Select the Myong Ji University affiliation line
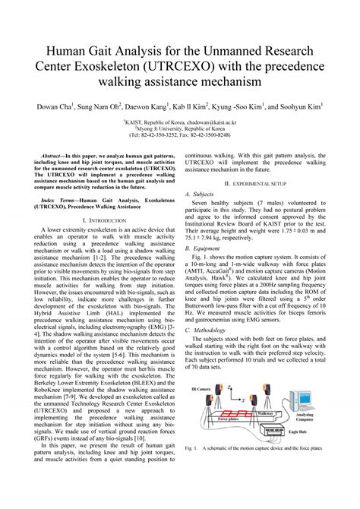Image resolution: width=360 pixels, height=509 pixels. [180, 128]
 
